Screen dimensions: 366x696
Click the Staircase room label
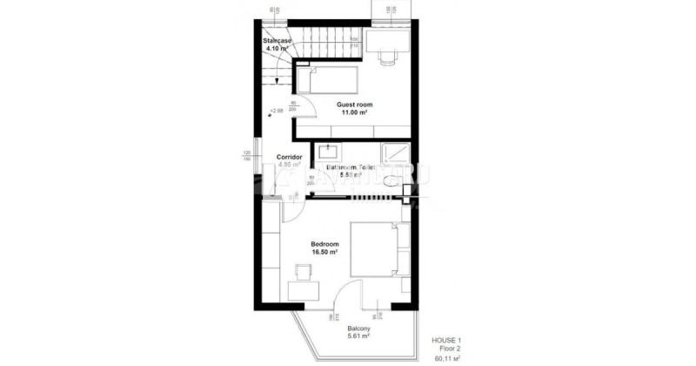(x=279, y=41)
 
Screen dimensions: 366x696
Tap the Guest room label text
(x=355, y=105)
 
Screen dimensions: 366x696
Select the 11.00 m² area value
(x=355, y=112)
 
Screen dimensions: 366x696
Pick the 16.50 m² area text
(x=325, y=252)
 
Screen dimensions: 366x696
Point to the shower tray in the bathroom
(x=397, y=153)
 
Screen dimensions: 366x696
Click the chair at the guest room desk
(x=385, y=55)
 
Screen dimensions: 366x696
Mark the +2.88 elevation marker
(x=277, y=111)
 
